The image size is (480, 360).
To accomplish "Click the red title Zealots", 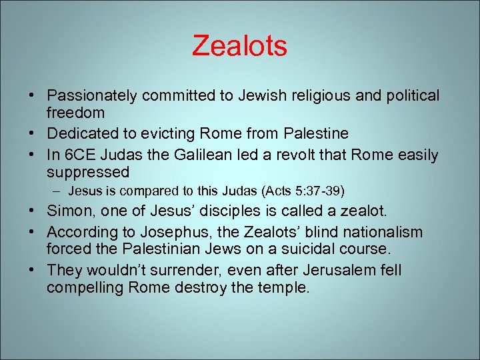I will (x=239, y=46).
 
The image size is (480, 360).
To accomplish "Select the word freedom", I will (x=75, y=113).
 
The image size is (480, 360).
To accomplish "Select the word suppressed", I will (x=88, y=173).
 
